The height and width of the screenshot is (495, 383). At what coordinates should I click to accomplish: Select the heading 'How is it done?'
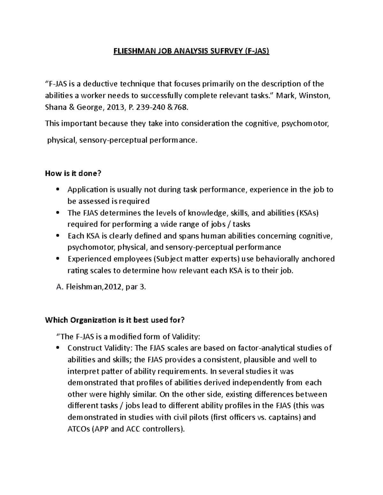point(73,173)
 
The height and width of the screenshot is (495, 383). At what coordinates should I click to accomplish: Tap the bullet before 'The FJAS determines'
point(58,213)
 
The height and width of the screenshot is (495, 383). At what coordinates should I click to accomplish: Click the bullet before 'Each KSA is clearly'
point(58,236)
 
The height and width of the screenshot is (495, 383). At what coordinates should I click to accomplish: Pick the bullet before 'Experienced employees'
point(58,259)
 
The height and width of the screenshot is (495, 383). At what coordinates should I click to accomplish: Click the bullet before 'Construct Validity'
point(58,348)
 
